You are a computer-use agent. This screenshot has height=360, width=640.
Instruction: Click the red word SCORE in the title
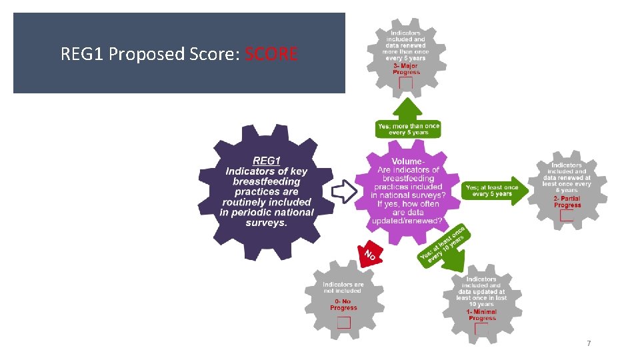point(271,53)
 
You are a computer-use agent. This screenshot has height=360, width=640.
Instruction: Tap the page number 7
point(588,343)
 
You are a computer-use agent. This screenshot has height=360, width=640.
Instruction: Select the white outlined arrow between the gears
point(344,191)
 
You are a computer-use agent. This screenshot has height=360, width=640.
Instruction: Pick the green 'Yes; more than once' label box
point(408,129)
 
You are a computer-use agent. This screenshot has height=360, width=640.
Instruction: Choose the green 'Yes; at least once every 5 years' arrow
point(493,191)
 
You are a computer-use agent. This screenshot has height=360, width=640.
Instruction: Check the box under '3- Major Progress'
point(405,83)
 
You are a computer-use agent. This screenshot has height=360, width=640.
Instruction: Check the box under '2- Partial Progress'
point(567,215)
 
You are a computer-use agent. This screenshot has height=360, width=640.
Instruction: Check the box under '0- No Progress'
point(344,323)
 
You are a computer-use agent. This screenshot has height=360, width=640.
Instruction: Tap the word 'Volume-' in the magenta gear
point(408,162)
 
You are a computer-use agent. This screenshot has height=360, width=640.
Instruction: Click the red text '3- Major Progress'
point(406,69)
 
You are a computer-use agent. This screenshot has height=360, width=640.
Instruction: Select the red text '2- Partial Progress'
point(567,201)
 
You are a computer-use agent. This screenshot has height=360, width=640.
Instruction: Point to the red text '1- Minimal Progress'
point(481,315)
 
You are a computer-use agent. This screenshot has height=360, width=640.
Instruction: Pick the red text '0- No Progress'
point(344,305)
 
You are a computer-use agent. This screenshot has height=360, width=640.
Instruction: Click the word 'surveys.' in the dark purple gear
point(266,222)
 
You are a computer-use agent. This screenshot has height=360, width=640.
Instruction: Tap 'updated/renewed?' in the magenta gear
point(408,221)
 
